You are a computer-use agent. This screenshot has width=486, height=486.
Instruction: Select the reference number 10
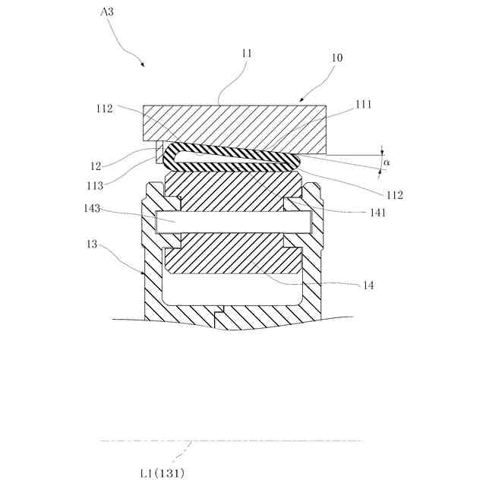[337, 58]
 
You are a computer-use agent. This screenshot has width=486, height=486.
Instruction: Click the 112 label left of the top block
[105, 109]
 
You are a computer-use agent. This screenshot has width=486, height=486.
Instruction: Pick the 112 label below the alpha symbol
[393, 196]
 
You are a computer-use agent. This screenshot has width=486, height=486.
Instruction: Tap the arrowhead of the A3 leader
[144, 66]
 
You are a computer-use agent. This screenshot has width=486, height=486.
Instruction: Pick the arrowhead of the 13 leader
[144, 273]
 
